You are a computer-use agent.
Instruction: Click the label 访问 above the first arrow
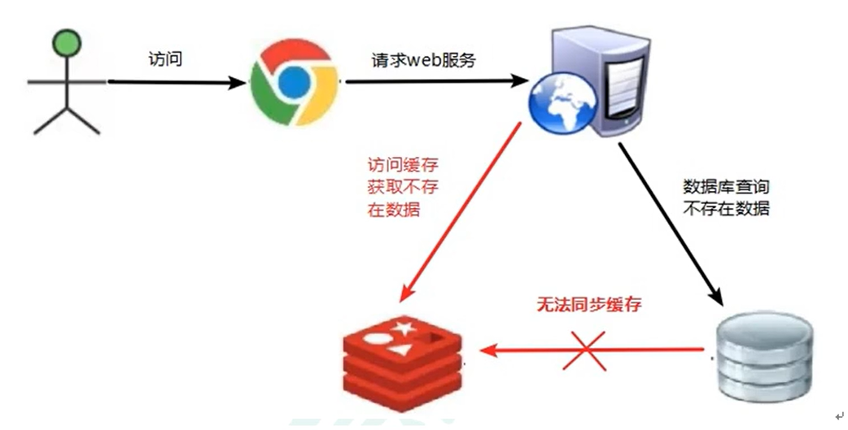click(165, 59)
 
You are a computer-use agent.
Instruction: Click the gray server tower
click(603, 77)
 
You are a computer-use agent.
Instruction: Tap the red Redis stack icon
click(403, 358)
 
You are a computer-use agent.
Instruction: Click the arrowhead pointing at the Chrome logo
click(238, 82)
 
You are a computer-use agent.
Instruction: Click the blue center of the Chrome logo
click(294, 82)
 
